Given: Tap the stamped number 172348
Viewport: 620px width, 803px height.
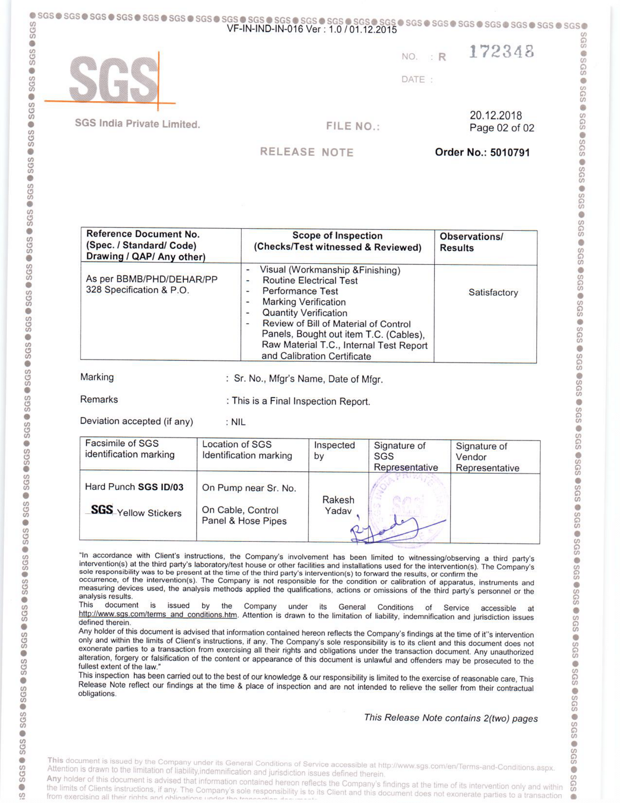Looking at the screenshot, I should click(501, 52).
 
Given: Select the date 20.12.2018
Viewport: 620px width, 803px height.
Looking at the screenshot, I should click(496, 115).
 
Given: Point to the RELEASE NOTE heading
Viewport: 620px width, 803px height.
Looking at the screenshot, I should click(307, 152).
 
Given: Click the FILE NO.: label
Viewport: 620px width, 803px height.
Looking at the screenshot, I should click(353, 127).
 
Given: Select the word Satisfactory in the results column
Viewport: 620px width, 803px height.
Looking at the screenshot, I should click(493, 293).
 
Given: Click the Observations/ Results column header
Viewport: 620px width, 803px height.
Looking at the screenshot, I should click(471, 242).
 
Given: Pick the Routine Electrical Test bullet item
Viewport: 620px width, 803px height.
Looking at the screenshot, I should click(310, 281).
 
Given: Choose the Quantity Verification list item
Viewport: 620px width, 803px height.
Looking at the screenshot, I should click(305, 313).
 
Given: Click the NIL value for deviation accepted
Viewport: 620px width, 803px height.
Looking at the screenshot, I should click(238, 422).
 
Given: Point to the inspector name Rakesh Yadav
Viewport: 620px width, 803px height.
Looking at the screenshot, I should click(338, 505).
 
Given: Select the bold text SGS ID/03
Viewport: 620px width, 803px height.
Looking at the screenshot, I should click(160, 487).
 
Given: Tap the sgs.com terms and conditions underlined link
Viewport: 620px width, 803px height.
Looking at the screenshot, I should click(158, 614).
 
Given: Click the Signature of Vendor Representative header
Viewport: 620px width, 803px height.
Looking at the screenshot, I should click(487, 457).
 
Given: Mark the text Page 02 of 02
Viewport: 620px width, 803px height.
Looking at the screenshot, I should click(501, 128).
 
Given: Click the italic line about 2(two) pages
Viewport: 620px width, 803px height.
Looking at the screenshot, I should click(450, 718).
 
